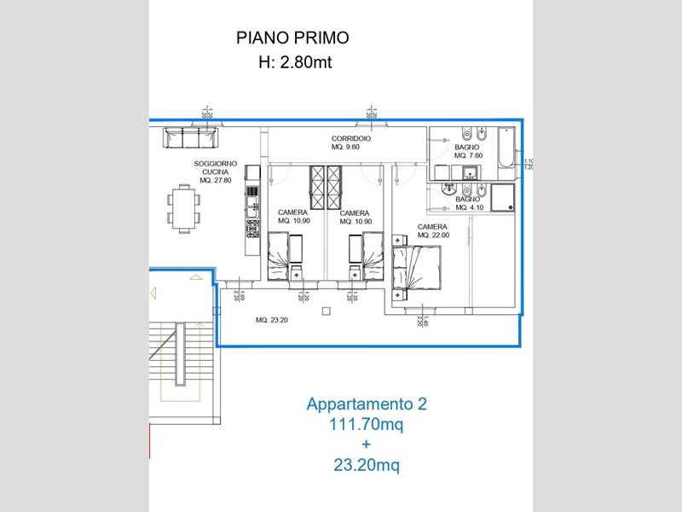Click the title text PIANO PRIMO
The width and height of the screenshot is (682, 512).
292,38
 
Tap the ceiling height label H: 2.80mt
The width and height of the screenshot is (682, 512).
292,61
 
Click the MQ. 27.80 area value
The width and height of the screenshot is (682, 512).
217,181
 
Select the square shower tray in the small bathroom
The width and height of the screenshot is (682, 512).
502,196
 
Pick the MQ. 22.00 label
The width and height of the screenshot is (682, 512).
433,236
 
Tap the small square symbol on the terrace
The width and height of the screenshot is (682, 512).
326,311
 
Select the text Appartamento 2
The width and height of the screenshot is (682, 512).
367,404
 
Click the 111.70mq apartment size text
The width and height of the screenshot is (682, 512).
367,424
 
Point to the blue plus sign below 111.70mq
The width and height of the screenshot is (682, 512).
367,445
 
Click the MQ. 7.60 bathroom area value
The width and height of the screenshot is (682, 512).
469,156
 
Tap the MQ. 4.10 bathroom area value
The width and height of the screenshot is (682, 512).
470,207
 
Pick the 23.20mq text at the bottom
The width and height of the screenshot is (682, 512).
367,465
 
